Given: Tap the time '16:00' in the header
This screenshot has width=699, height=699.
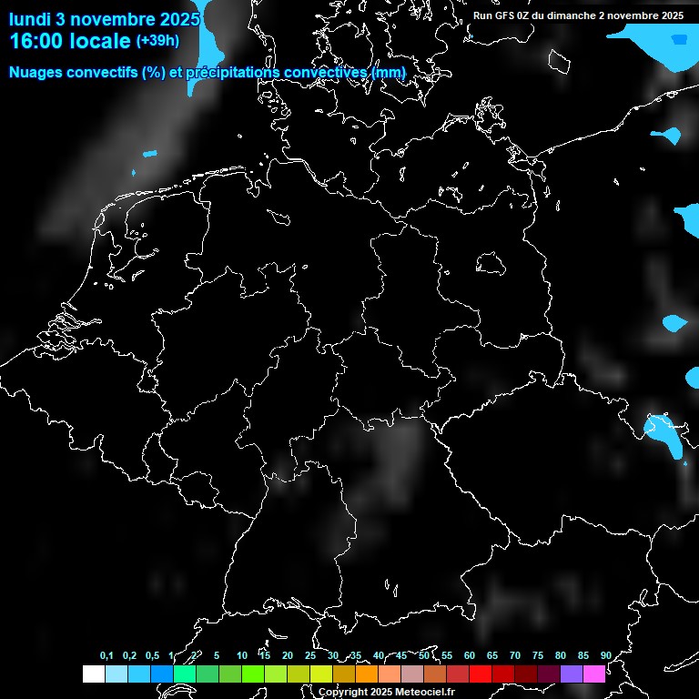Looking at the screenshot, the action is tap(39, 41).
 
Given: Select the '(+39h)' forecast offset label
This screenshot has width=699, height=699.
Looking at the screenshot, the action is tap(157, 41).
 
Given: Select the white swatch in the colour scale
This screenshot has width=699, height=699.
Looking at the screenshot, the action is tap(93, 674).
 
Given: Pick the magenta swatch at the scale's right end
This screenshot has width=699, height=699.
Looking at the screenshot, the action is tap(593, 674).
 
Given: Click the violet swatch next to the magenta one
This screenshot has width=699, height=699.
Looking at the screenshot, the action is tap(571, 674).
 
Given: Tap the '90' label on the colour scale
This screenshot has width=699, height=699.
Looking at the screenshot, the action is tap(605, 656).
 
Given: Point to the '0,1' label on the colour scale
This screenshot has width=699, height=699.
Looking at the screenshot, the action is tap(106, 656).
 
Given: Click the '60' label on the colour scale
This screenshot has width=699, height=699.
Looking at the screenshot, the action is tap(469, 656).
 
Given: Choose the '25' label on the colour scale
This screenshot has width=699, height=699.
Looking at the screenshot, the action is tap(310, 656).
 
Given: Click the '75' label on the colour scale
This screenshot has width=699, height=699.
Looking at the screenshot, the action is tap(537, 656).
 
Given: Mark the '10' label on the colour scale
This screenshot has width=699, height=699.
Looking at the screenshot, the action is tap(241, 656).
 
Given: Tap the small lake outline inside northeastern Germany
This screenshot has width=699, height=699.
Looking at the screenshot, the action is tap(491, 264).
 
